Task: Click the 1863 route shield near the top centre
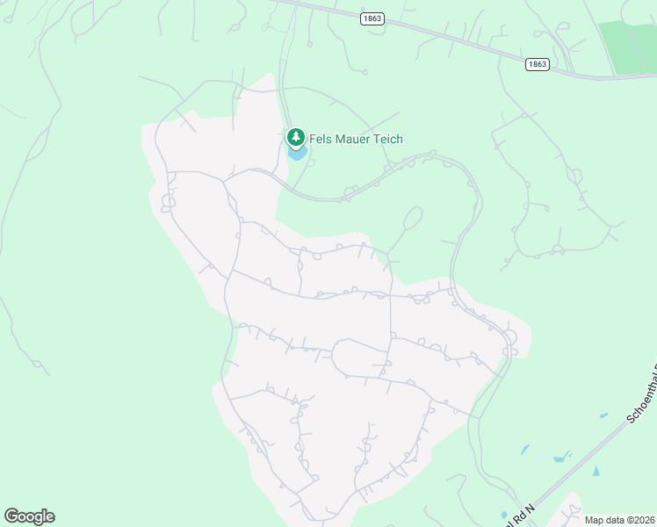coord(372,18)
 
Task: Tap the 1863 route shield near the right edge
coord(538,64)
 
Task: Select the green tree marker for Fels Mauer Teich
coord(296,137)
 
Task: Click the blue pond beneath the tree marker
coord(297,155)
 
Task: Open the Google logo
coord(29,516)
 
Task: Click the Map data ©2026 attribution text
coord(619,520)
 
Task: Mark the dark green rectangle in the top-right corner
coord(627,46)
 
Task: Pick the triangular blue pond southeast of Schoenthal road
coord(597,472)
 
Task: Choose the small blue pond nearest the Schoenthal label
coord(603,415)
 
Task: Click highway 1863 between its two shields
coord(457,40)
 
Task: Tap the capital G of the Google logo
coord(11,516)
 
